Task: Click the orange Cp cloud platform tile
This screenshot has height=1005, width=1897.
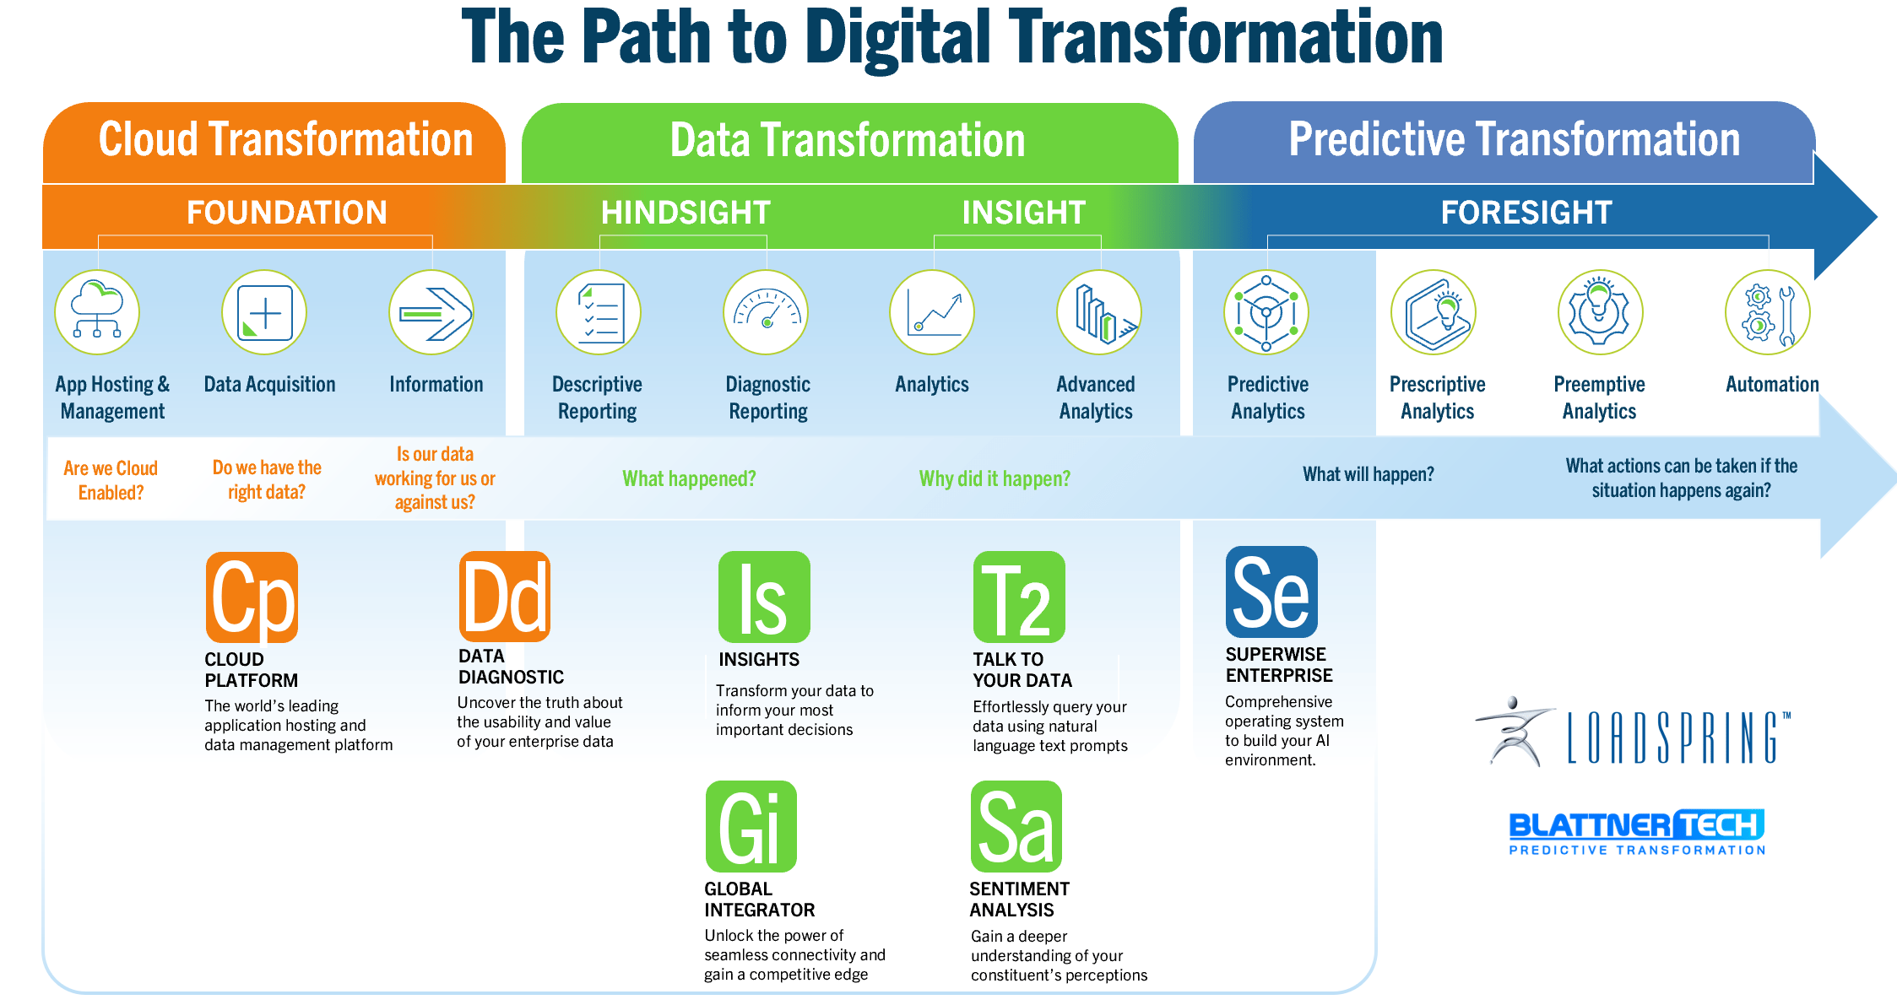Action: point(252,597)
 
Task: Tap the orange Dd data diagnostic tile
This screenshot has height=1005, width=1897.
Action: point(505,596)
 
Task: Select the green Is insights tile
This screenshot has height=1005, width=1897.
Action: point(764,597)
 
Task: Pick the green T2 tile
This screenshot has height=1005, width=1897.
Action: point(1019,597)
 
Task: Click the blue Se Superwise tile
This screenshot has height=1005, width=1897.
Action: point(1271,592)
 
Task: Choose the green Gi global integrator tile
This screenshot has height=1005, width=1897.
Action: point(751,826)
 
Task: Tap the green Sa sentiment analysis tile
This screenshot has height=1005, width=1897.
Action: point(1016,826)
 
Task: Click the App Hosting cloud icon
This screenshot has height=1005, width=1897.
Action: point(97,312)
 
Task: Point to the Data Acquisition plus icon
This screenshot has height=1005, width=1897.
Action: point(264,312)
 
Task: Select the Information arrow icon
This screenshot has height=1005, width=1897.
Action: point(431,312)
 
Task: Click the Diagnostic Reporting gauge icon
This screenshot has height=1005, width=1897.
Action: point(766,312)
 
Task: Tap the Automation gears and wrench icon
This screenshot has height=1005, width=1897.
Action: point(1768,312)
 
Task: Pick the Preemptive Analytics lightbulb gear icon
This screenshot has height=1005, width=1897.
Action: point(1600,312)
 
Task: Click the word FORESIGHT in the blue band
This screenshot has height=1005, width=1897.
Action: point(1526,213)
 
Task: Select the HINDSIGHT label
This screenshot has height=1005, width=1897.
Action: point(686,213)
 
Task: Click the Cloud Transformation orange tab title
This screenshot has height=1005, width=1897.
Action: point(285,139)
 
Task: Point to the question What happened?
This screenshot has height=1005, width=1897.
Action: point(689,479)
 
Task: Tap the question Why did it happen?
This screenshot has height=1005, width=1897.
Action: point(995,479)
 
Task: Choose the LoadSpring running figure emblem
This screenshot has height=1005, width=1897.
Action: point(1515,731)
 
